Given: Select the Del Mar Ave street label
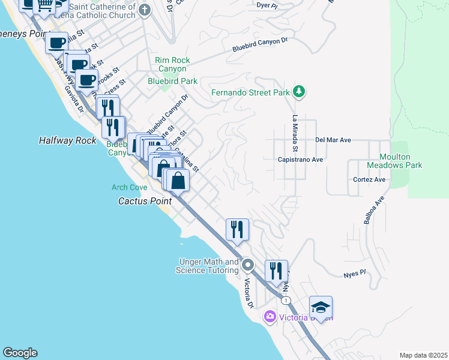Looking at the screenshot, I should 333,140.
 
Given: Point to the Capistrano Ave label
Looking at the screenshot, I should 300,160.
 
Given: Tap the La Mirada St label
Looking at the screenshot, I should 295,133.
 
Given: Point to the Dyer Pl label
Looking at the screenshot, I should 267,5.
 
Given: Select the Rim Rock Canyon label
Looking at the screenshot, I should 172,64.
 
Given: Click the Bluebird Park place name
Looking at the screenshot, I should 173,81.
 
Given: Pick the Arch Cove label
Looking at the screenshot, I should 129,187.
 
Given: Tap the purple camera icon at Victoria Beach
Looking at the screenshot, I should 270,316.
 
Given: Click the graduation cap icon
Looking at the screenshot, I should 321,307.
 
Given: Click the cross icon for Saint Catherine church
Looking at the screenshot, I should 144,10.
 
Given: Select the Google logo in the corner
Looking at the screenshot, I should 20,353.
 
